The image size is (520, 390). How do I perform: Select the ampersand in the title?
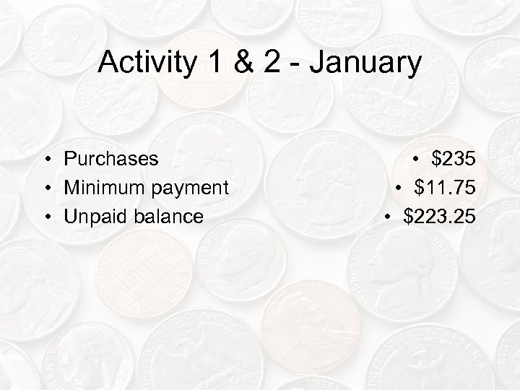pos(243,64)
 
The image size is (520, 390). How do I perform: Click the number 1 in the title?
pos(214,64)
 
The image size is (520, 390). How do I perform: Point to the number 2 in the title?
pos(274,64)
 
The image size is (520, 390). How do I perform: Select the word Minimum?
pos(98,187)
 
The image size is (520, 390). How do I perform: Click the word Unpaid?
pos(91,216)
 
